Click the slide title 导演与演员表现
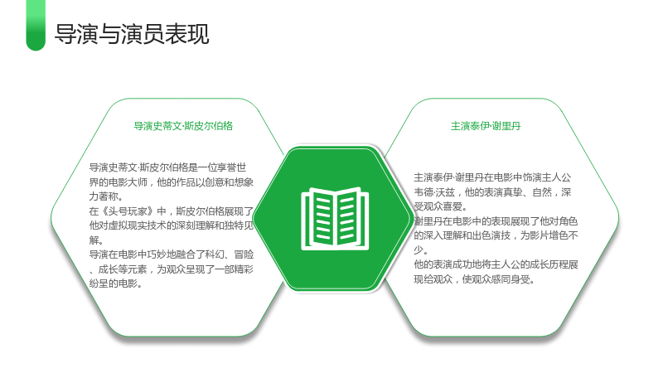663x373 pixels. coord(132,34)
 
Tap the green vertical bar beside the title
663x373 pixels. coord(36,26)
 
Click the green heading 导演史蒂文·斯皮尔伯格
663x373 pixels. coord(183,126)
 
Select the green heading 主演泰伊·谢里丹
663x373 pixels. coord(486,126)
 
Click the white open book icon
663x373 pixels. coord(335,218)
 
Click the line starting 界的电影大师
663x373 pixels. coord(172,182)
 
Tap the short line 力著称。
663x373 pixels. coord(106,196)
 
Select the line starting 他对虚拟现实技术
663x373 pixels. coord(172,225)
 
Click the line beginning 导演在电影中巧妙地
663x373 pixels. coord(172,254)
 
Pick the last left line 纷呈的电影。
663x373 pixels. coord(115,283)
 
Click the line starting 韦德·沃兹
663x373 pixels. coord(492,192)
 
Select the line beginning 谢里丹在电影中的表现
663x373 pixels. coord(496,221)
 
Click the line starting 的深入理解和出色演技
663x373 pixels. coord(496,235)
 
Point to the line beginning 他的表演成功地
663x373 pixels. coord(496,264)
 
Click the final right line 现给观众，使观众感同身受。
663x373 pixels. coord(474,279)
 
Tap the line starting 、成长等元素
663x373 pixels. coord(172,269)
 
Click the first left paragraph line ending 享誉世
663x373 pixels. coord(168,167)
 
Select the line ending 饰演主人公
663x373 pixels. coord(492,177)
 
